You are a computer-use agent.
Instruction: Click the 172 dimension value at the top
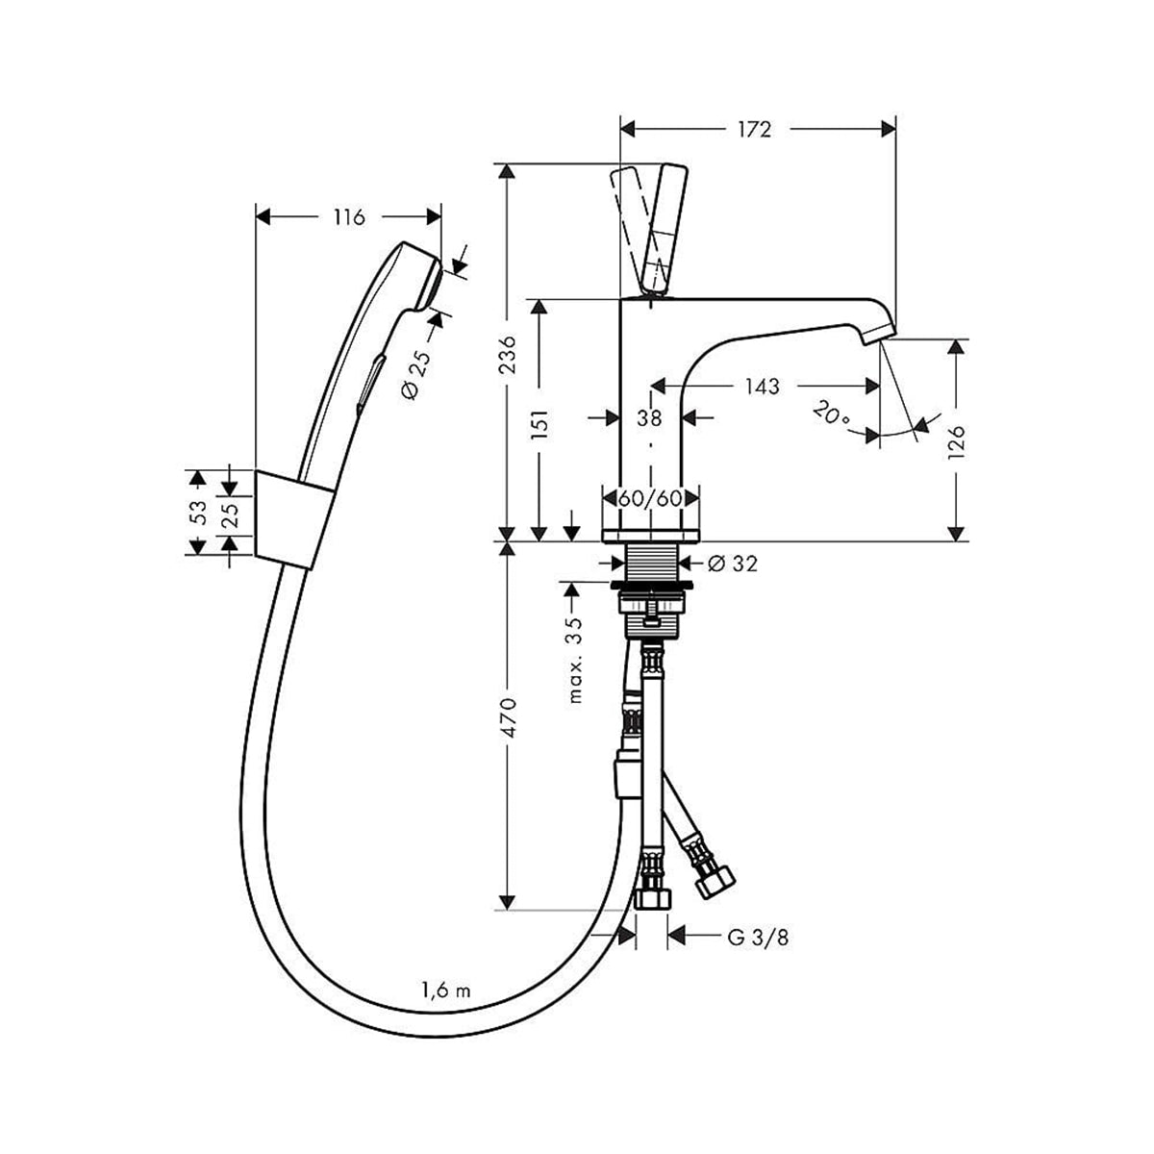tap(756, 128)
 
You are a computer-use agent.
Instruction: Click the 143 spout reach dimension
tap(762, 387)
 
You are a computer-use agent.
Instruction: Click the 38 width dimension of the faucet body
tap(650, 417)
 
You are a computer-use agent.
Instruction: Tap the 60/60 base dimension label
tap(650, 500)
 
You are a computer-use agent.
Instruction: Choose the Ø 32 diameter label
tap(732, 564)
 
